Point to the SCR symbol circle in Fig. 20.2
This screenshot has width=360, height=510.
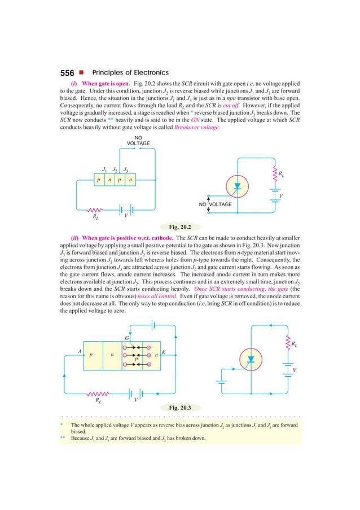click(237, 186)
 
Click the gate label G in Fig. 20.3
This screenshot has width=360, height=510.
click(127, 338)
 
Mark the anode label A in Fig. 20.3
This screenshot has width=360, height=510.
click(80, 351)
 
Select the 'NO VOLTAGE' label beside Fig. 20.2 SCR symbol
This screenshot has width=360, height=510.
click(215, 204)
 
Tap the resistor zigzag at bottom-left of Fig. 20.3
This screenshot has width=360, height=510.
click(98, 393)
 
